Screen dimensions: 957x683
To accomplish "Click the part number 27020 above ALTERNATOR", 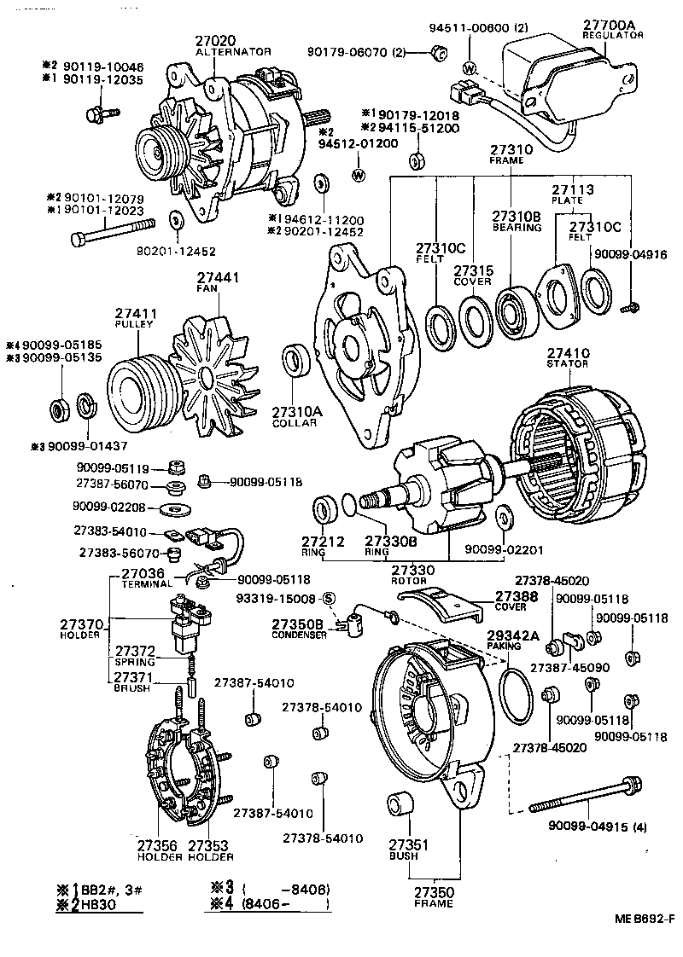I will click(x=220, y=39).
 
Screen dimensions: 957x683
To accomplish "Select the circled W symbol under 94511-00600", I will click(x=469, y=67).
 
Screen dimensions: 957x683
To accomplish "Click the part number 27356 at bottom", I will click(x=157, y=846).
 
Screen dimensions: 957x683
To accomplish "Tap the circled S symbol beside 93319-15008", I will click(x=329, y=599).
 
